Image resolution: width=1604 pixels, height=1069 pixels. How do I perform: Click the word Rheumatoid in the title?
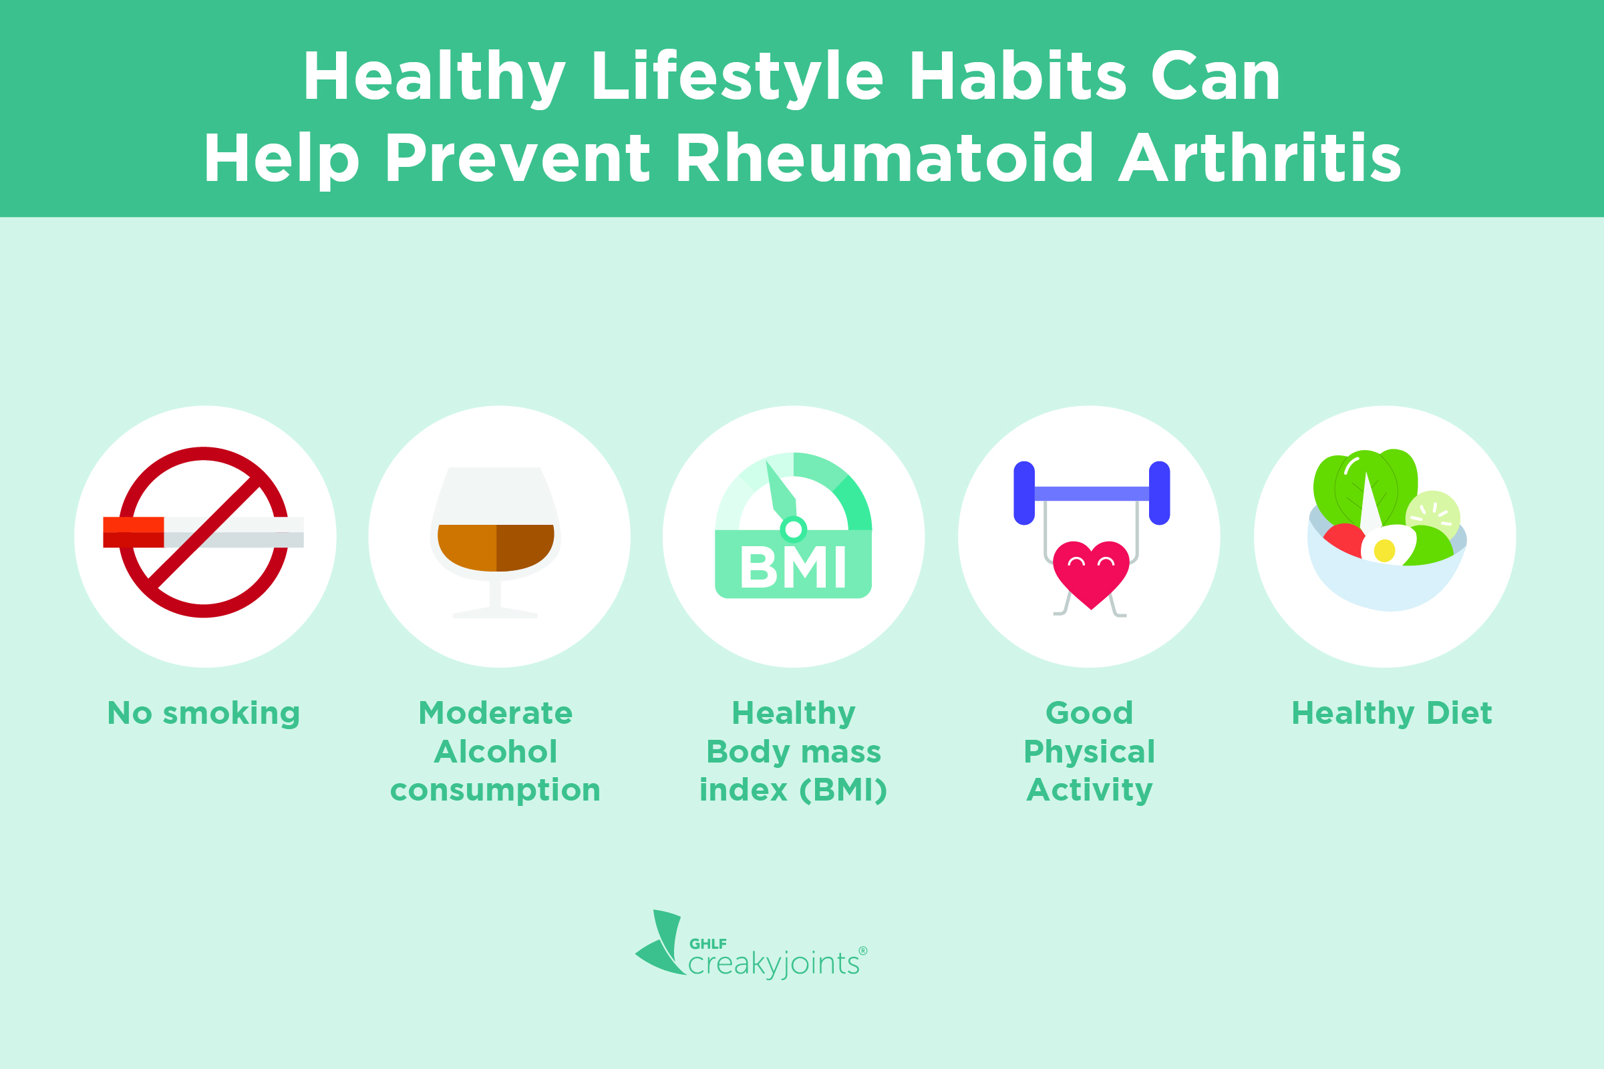click(x=885, y=158)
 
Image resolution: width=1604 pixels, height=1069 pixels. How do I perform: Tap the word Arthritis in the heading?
click(x=1260, y=158)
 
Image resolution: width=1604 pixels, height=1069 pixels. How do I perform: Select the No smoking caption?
click(x=204, y=714)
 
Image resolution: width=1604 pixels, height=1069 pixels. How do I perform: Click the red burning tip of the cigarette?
click(x=134, y=531)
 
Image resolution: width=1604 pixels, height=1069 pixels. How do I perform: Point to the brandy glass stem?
click(x=496, y=594)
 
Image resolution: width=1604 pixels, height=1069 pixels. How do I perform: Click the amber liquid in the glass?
click(x=496, y=548)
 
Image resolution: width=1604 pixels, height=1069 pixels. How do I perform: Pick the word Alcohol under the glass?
click(x=496, y=752)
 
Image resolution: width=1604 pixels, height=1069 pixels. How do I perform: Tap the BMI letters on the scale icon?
click(x=793, y=568)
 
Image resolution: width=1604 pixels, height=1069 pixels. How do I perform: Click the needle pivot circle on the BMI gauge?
click(x=793, y=529)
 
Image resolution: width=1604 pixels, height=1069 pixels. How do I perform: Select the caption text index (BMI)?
click(x=793, y=791)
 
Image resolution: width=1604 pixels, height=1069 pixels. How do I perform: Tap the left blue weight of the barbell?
click(x=1024, y=493)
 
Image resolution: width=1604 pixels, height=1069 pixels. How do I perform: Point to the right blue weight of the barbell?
click(x=1159, y=493)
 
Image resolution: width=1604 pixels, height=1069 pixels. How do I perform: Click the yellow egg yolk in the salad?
click(x=1384, y=550)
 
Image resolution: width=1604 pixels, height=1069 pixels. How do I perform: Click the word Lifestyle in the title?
click(x=738, y=77)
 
